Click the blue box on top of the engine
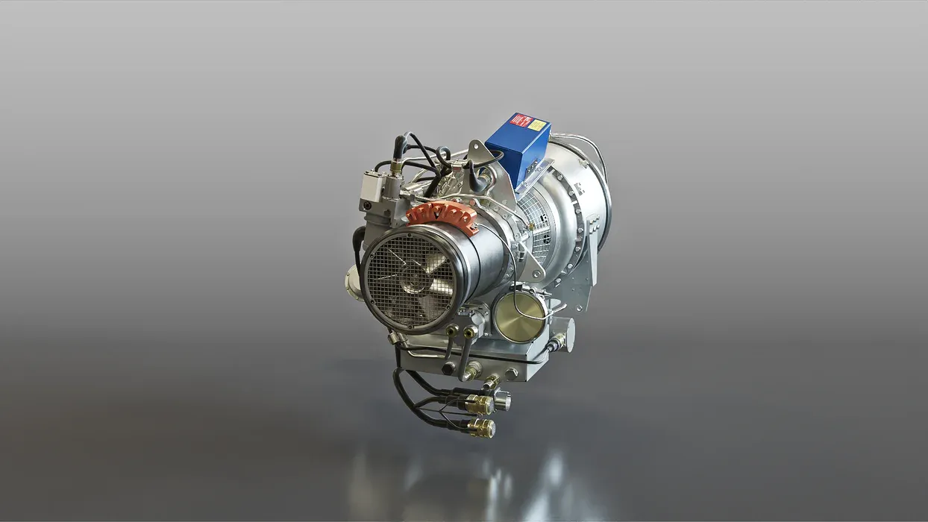[x=517, y=149]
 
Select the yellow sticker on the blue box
[x=536, y=125]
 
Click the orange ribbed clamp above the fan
[x=442, y=216]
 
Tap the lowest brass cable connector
[x=481, y=428]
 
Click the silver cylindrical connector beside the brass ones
[x=502, y=402]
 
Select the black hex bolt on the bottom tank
[x=448, y=368]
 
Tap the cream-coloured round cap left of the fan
[x=352, y=283]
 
